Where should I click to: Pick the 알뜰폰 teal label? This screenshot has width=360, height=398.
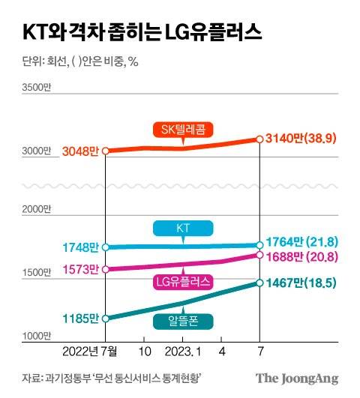coord(183,321)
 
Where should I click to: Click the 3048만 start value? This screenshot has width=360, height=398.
coord(81,151)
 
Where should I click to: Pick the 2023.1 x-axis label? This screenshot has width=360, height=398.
coord(183,351)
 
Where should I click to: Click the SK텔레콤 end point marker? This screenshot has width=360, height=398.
coord(259,139)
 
